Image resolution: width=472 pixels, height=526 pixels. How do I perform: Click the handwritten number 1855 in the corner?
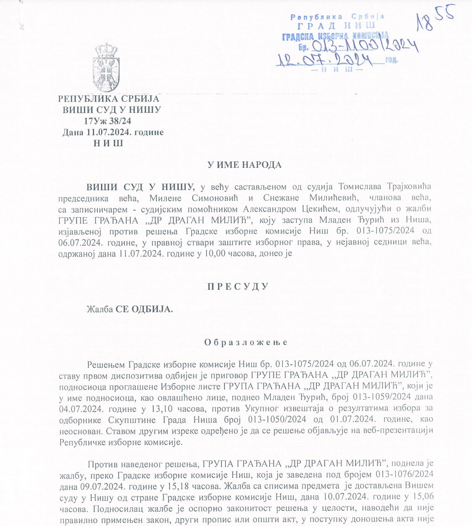pos(435,19)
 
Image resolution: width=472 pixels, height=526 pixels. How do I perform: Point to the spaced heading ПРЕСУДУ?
pos(236,286)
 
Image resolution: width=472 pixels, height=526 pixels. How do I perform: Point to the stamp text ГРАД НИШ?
pos(336,26)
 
